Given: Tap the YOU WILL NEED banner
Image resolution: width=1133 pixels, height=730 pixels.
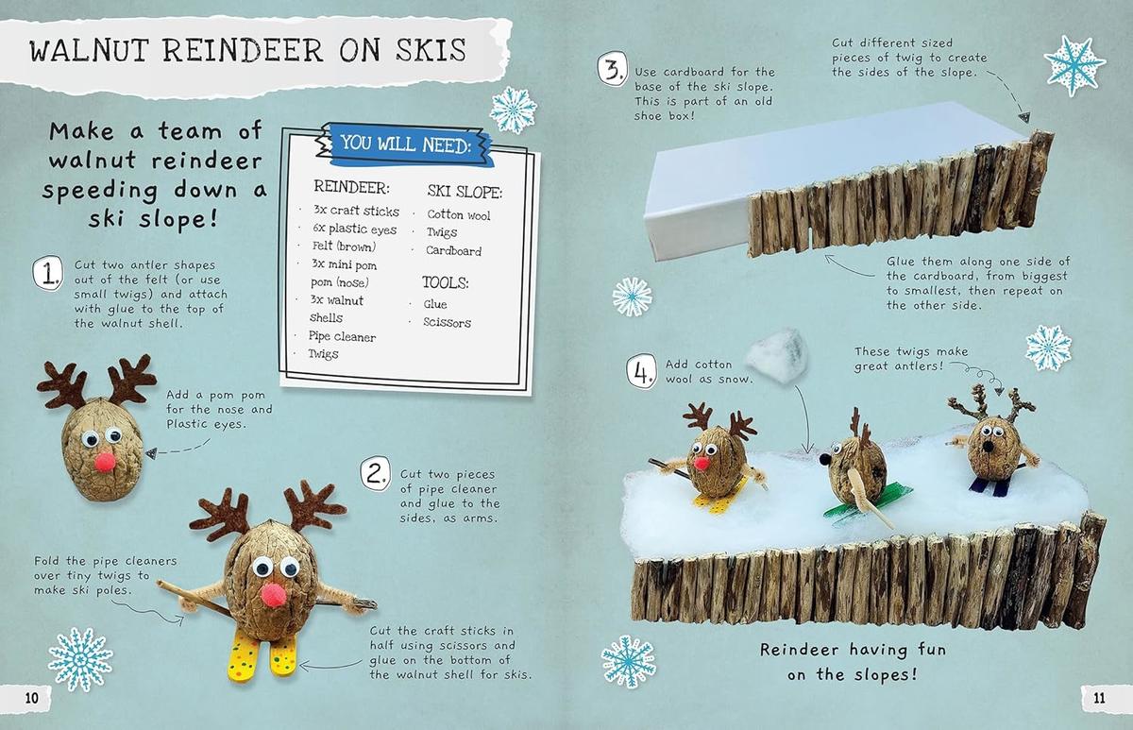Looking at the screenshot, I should click(404, 144).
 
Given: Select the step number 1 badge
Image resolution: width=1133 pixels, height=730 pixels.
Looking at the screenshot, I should click(46, 274).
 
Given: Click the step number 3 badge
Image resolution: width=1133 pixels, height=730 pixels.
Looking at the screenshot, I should click(611, 71).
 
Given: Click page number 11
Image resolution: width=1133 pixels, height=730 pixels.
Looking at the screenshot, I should click(1098, 698).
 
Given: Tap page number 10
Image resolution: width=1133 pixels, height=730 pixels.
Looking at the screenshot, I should click(31, 698).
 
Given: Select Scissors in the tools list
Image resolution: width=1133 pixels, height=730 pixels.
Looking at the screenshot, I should click(448, 323).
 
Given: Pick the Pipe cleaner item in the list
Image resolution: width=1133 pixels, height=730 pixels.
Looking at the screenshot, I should click(342, 337).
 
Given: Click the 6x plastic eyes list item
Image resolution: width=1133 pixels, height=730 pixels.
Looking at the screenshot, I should click(354, 229).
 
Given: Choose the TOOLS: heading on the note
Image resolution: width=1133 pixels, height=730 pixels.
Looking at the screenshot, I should click(446, 282).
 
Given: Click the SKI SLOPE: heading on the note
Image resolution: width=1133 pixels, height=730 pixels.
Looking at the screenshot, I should click(465, 192).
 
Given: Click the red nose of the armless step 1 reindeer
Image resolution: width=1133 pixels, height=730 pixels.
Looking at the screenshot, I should click(105, 461).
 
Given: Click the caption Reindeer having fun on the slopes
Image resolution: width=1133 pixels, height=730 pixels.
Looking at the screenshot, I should click(852, 662).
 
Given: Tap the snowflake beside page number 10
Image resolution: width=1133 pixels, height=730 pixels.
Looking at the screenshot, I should click(80, 658).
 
